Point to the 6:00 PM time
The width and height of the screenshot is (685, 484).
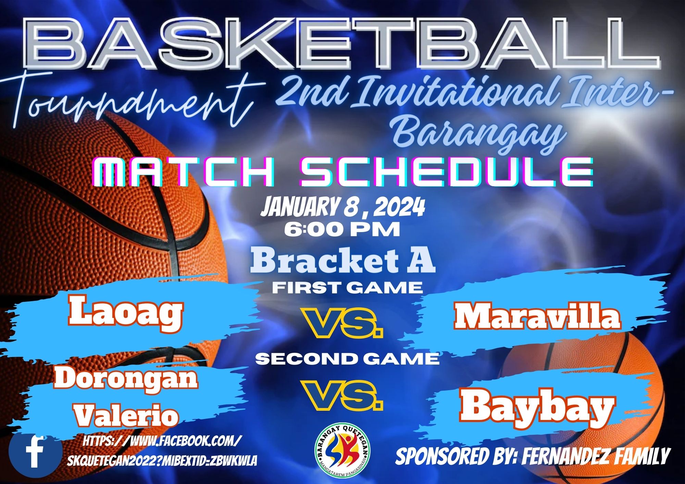tap(342, 230)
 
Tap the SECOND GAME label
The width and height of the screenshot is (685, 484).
tap(348, 358)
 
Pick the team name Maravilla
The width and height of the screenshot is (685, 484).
tap(537, 316)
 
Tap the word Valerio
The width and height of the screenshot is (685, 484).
tap(127, 415)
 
